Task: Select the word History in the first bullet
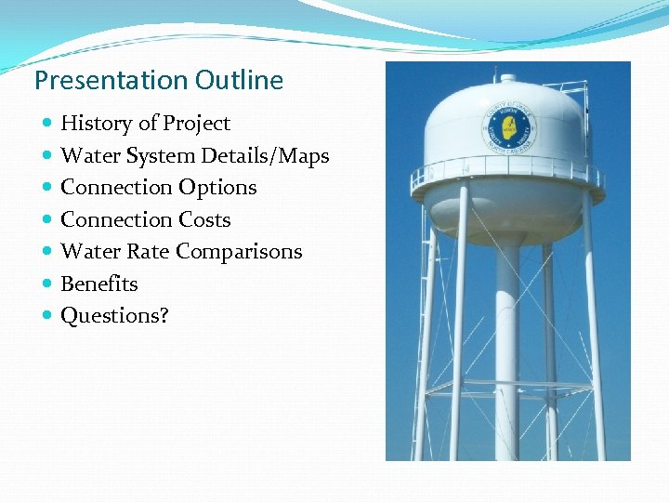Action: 96,124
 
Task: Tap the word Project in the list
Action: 196,124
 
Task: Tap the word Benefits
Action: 98,284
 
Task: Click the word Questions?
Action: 114,316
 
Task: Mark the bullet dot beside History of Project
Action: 46,124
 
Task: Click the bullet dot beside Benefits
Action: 46,284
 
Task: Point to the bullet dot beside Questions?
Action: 46,316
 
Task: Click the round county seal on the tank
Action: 509,128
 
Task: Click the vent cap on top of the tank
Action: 508,77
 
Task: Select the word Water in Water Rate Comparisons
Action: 88,252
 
